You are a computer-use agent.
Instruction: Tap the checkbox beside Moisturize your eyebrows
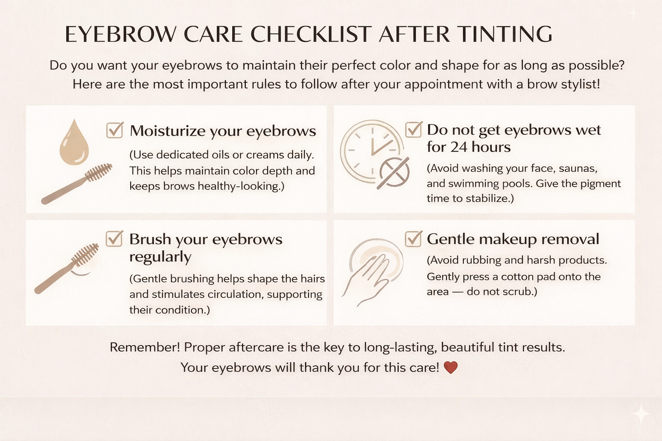(115, 130)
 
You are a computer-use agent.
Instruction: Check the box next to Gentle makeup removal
(413, 239)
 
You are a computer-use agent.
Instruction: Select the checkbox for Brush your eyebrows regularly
(114, 239)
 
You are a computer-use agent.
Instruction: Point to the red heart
(451, 367)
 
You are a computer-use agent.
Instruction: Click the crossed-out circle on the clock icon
(394, 173)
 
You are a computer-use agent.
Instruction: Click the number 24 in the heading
(459, 147)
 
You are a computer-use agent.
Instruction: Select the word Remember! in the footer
(145, 347)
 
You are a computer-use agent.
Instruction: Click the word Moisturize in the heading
(168, 131)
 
